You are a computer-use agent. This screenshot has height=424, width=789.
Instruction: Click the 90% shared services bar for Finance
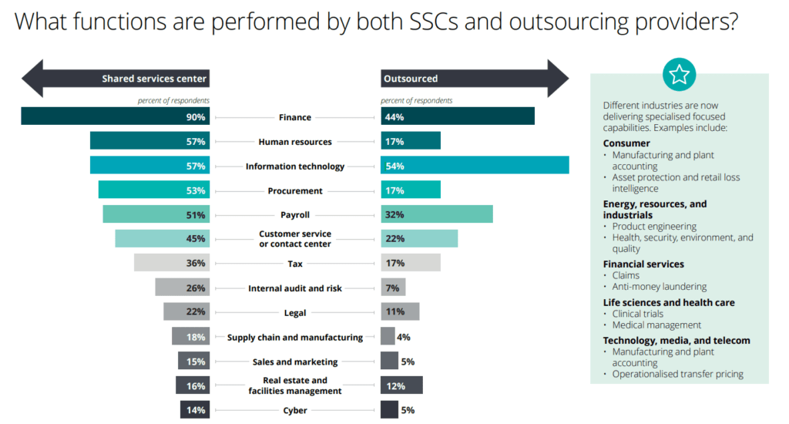coord(116,116)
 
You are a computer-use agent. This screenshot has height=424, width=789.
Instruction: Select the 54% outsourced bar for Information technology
coord(475,165)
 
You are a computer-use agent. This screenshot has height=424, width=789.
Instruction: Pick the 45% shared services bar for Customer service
coord(162,238)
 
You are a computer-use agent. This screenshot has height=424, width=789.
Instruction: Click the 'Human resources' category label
coord(295,142)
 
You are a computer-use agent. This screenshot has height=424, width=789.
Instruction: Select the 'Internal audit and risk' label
coord(295,288)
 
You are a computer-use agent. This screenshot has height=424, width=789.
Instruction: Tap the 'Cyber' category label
coord(295,410)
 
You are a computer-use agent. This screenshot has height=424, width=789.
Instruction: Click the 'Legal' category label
coord(295,313)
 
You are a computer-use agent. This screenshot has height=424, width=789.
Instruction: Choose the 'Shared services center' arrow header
coord(116,78)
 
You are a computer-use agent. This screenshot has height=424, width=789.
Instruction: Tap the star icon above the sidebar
coord(679,74)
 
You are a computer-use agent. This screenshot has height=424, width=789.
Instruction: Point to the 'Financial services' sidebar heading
coord(643,264)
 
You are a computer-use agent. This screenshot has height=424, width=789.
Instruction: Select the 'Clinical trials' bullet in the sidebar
coord(638,314)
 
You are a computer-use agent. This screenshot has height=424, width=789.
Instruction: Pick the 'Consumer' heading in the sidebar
coord(626,143)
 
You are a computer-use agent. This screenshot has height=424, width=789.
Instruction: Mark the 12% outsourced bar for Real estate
coord(401,385)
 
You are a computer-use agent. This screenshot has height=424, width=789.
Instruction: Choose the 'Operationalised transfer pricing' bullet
coord(678,374)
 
